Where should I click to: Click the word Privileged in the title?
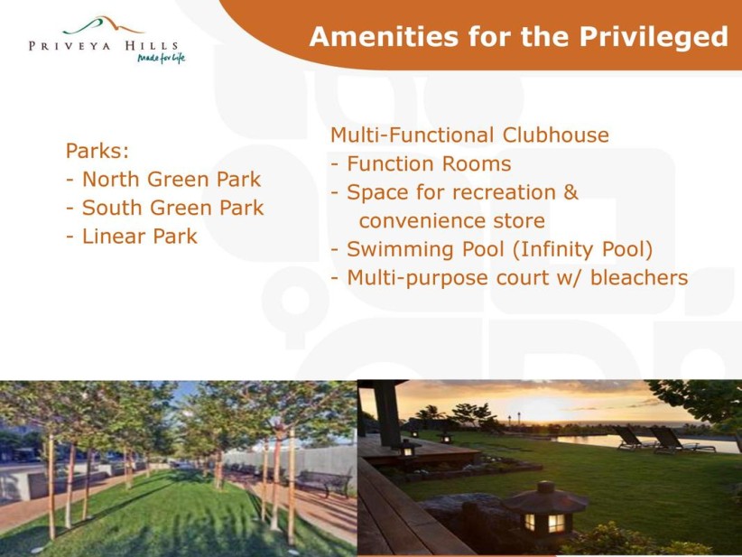coord(654,37)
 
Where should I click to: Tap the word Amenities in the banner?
coord(384,36)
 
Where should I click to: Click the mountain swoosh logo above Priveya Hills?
coord(103,25)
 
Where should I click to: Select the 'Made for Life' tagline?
coord(161,58)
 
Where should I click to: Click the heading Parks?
coord(97,151)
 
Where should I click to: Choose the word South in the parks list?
coord(112,208)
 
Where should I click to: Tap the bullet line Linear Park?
coord(132,237)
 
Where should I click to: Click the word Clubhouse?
coord(555,135)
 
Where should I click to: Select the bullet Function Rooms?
coord(421,163)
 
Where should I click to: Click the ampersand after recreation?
coord(571,192)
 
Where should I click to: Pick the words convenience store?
coord(452,221)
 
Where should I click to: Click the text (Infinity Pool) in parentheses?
coord(582,249)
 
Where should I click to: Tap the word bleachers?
coord(639,278)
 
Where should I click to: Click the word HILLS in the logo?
coord(152,46)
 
